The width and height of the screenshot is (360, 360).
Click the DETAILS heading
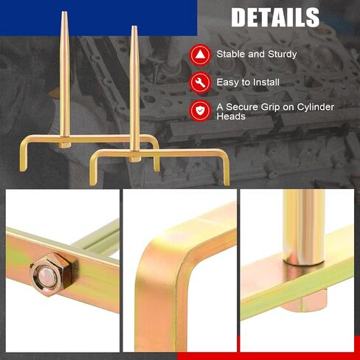pyautogui.click(x=275, y=17)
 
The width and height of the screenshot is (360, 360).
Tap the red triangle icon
pyautogui.click(x=200, y=55)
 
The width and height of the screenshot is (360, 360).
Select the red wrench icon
pyautogui.click(x=200, y=83)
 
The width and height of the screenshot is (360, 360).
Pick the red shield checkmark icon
pyautogui.click(x=200, y=111)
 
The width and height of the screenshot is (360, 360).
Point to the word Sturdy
pyautogui.click(x=283, y=55)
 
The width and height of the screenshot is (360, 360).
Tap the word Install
pyautogui.click(x=266, y=82)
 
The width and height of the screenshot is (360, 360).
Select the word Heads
pyautogui.click(x=231, y=117)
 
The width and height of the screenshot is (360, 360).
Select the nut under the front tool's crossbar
pyautogui.click(x=135, y=159)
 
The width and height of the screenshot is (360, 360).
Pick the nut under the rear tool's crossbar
pyautogui.click(x=65, y=145)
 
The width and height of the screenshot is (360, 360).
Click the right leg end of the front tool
pyautogui.click(x=226, y=182)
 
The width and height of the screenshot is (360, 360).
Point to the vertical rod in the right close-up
pyautogui.click(x=304, y=227)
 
